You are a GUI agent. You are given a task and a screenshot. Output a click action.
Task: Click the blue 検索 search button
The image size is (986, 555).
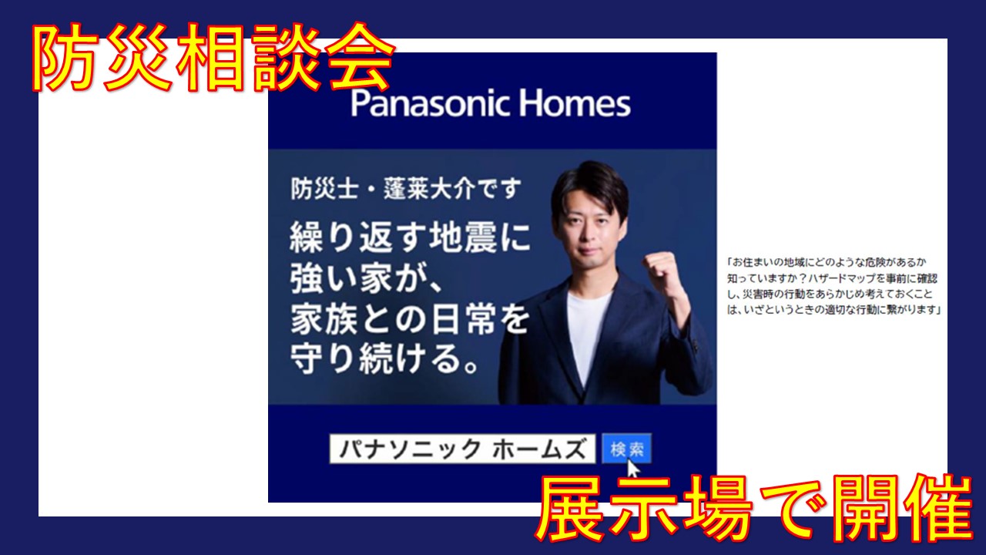[x=626, y=449]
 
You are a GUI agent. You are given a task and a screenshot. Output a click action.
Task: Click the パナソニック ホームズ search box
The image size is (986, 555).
[x=462, y=449]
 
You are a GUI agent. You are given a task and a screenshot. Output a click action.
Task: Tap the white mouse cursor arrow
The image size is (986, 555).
[x=633, y=468]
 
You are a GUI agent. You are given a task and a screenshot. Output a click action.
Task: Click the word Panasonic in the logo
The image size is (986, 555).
[x=430, y=103]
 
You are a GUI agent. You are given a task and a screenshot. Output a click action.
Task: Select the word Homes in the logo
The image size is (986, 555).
[x=575, y=103]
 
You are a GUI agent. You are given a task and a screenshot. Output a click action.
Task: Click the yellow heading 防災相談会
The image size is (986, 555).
[x=213, y=57]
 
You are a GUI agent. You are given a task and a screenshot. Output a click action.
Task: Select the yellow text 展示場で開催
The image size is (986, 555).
[x=753, y=509]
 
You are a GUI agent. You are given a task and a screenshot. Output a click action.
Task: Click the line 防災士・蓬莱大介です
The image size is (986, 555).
[x=406, y=189]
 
